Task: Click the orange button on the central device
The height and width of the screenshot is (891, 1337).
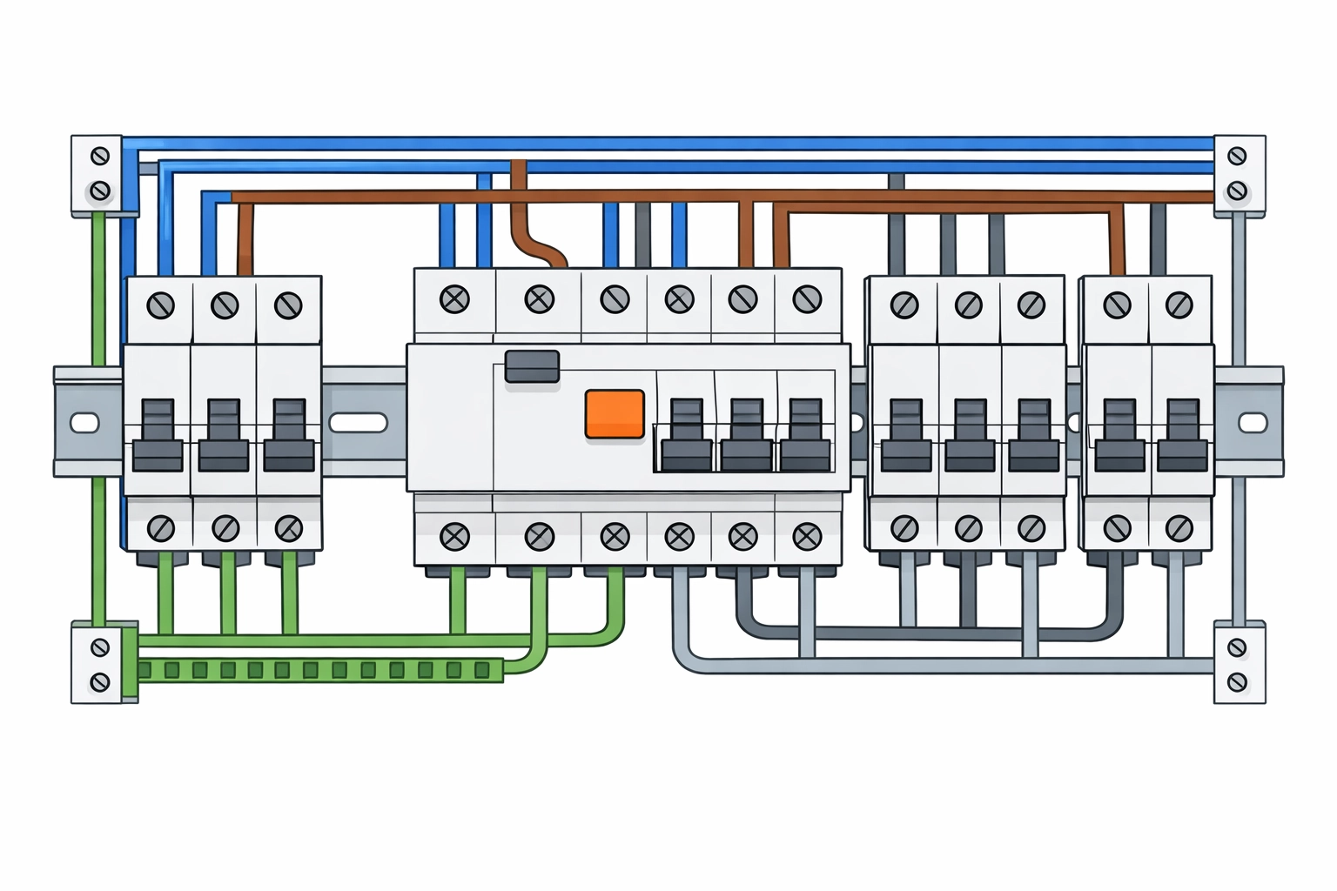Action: click(615, 413)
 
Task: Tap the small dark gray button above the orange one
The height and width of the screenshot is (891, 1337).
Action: click(532, 365)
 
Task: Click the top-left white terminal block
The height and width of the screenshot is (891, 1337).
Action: click(97, 174)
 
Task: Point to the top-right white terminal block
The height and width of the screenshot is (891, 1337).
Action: click(1239, 172)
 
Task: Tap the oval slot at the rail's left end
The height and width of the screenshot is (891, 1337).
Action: click(84, 423)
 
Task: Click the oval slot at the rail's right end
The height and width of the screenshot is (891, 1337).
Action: click(1252, 423)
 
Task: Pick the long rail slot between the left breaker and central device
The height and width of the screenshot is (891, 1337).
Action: click(358, 423)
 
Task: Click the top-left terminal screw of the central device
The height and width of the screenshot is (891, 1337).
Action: click(454, 300)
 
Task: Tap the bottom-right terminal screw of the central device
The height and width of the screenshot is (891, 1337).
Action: click(807, 537)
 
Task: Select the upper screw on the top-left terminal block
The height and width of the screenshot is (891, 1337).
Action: click(100, 157)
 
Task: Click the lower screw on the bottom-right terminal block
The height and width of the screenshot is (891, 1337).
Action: click(1237, 681)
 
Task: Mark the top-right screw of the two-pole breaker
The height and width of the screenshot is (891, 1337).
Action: click(1179, 305)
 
